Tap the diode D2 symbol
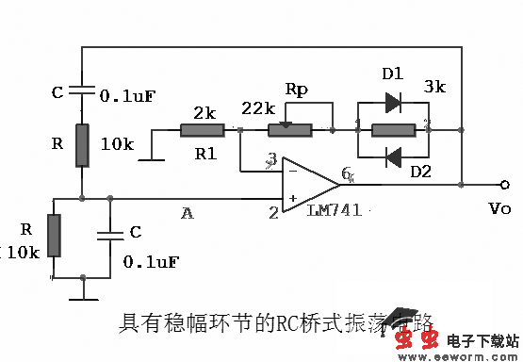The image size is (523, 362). [393, 155]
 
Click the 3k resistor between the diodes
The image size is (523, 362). [393, 126]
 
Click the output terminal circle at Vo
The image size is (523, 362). [506, 185]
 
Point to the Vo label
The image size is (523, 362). [500, 208]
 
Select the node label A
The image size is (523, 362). [187, 214]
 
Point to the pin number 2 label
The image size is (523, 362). [273, 213]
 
